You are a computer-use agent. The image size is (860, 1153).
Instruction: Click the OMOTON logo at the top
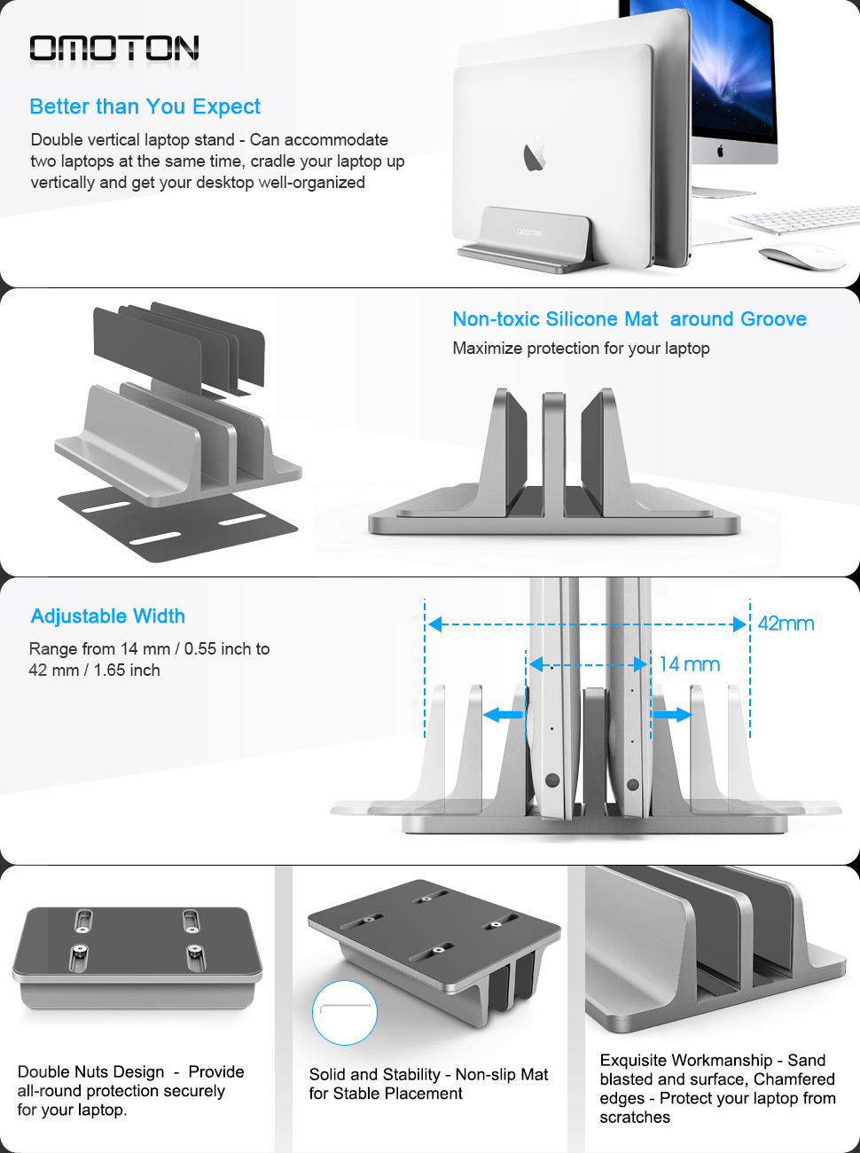113,49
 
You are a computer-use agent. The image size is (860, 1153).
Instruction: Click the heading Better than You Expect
145,107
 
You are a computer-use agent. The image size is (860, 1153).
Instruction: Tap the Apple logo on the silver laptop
534,154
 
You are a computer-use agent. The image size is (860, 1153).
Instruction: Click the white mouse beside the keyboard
803,256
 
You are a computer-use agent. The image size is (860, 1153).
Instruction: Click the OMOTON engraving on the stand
529,232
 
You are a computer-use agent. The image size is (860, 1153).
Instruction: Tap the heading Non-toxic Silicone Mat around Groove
629,319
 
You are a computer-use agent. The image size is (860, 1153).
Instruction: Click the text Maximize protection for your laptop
581,349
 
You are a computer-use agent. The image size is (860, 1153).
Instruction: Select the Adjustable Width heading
108,616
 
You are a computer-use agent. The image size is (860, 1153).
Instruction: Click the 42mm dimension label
786,624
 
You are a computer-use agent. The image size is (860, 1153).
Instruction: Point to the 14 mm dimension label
690,664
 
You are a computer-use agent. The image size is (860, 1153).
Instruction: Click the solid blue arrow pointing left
504,715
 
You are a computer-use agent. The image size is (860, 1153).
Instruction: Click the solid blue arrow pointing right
671,715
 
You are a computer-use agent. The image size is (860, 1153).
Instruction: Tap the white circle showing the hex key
345,1012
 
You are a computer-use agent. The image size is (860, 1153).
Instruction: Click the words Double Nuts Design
90,1072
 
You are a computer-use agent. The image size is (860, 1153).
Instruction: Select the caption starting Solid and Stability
428,1084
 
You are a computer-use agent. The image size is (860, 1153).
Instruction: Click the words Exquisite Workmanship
686,1061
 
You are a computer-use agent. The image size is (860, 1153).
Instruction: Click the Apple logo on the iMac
720,151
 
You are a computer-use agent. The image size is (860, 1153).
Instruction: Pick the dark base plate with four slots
177,522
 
